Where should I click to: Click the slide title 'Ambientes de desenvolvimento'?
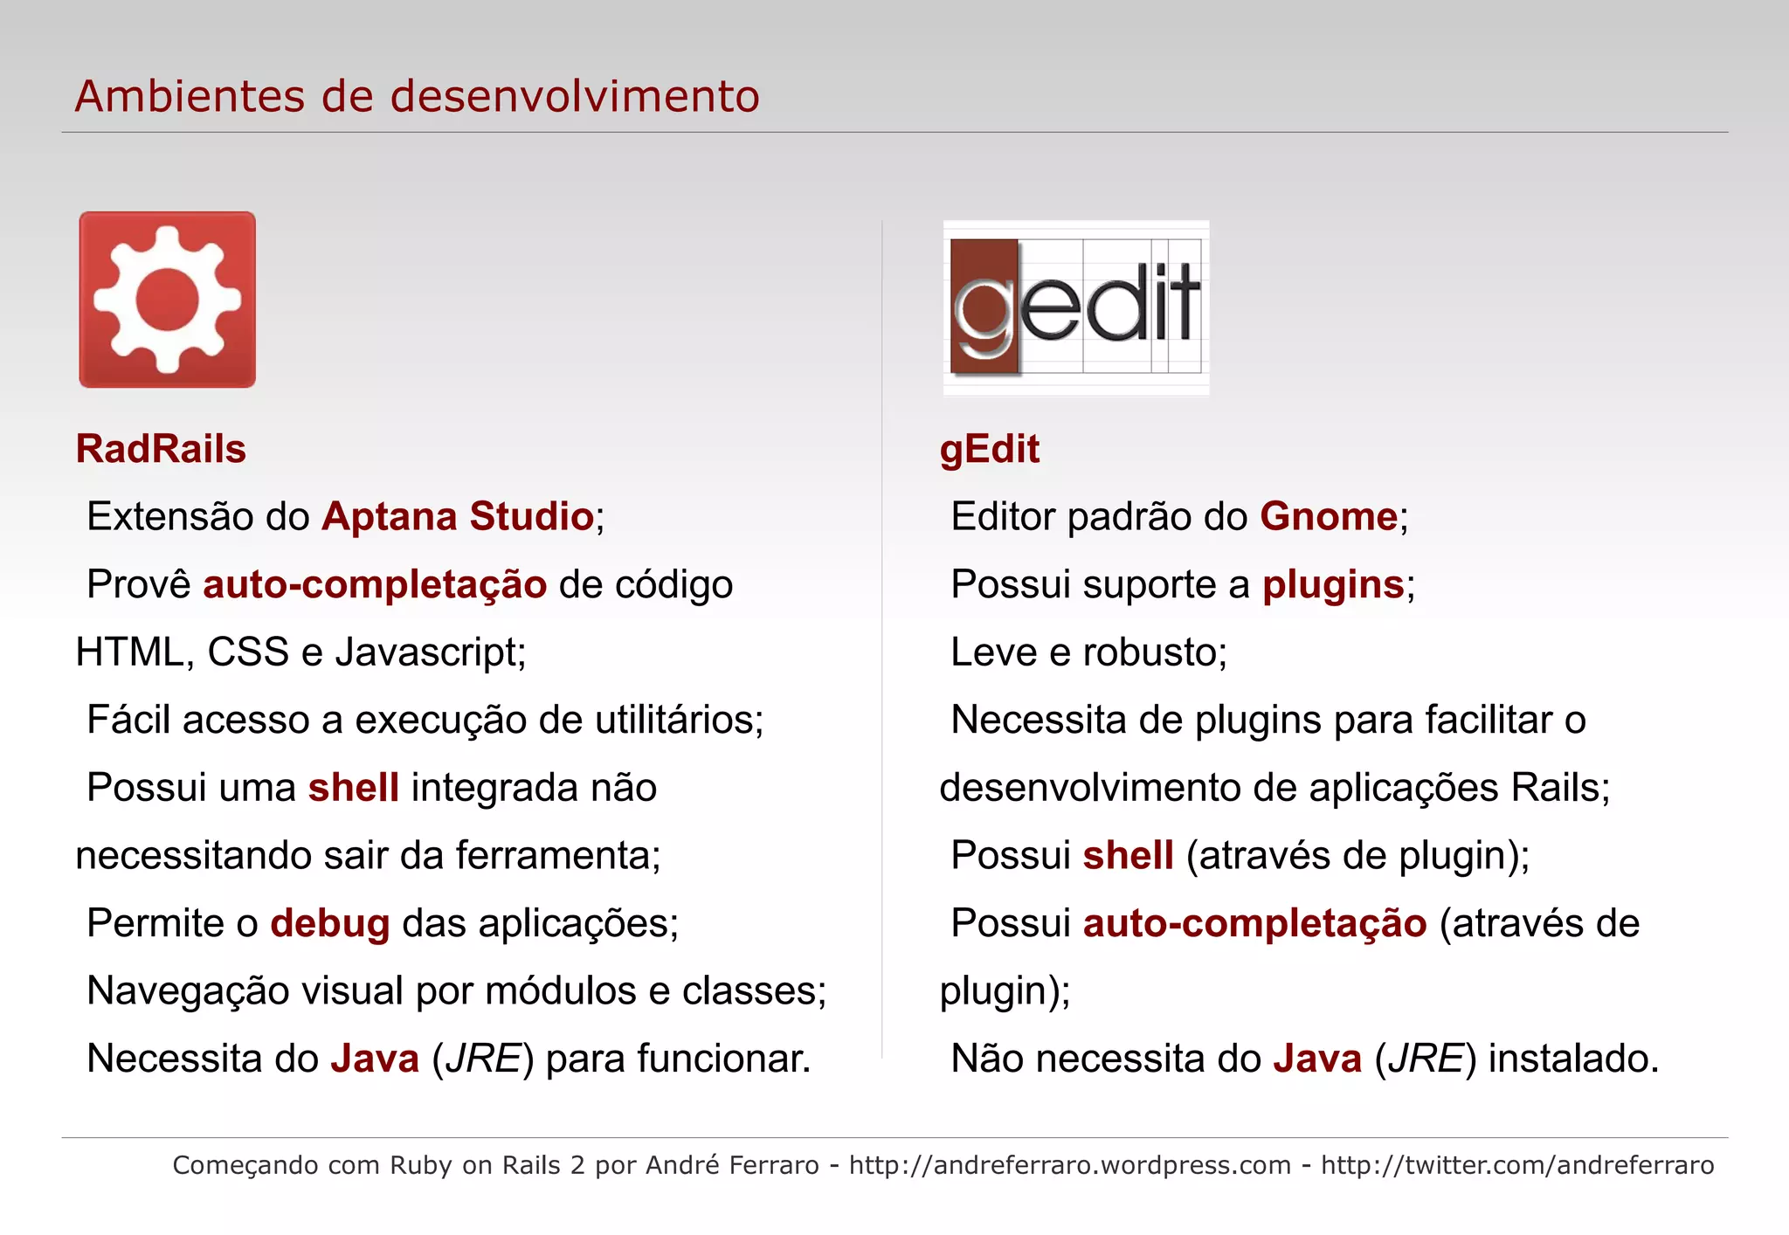coord(417,96)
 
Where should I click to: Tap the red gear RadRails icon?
coord(167,300)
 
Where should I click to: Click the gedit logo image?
coord(1076,307)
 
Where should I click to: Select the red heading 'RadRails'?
coord(161,449)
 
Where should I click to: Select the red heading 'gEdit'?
coord(989,449)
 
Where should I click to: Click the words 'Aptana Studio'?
coord(458,516)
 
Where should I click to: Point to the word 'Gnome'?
coord(1328,516)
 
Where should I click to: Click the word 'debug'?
coord(329,923)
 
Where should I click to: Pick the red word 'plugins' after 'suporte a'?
coord(1333,584)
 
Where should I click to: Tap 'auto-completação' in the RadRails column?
coord(375,584)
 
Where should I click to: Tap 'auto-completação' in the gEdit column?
coord(1254,923)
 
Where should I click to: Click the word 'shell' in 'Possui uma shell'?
coord(353,788)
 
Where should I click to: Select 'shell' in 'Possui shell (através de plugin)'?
coord(1128,855)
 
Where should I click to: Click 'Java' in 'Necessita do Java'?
coord(375,1059)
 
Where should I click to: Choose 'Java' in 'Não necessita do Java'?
coord(1317,1059)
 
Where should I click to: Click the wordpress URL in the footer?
coord(1069,1165)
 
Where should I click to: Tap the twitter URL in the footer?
coord(1516,1165)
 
